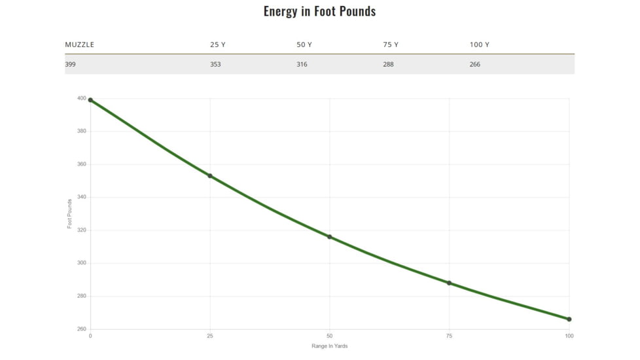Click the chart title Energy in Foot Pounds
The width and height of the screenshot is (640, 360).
coord(319,11)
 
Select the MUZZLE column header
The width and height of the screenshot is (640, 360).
coord(79,45)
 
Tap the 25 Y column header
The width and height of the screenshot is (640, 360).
coord(218,45)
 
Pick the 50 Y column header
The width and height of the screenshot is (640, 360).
coord(304,45)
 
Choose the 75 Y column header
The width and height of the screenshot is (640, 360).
coord(391,45)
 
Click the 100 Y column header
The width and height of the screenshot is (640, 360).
coord(480,45)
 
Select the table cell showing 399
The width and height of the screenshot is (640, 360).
coord(71,64)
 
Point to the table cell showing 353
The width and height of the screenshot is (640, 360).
coord(215,64)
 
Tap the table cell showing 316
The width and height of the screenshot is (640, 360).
coord(302,64)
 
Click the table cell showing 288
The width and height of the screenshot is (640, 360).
coord(388,64)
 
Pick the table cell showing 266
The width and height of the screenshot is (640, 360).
coord(474,64)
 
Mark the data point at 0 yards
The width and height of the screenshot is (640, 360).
coord(90,100)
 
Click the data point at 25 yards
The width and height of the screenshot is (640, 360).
coord(210,176)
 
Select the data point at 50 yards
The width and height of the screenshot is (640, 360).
coord(330,237)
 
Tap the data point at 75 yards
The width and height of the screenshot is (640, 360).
coord(450,283)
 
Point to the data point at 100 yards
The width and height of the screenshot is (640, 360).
coord(569,319)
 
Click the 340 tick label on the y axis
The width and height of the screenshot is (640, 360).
coord(82,197)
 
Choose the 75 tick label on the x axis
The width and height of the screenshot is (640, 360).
coord(450,336)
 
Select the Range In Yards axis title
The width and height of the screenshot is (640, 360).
coord(329,346)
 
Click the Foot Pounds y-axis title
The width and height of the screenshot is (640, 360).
coord(70,213)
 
